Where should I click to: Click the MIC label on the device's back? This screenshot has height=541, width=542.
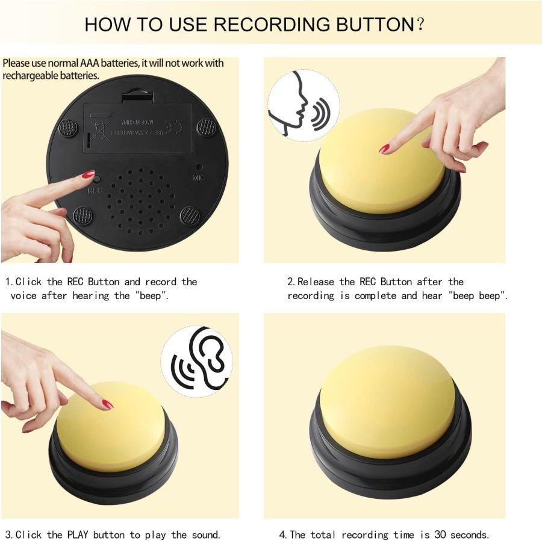(x=199, y=178)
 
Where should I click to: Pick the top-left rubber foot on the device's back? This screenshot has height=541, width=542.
(x=67, y=128)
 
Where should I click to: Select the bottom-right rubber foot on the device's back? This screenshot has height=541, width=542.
(x=190, y=215)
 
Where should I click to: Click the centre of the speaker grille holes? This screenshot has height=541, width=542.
(x=143, y=202)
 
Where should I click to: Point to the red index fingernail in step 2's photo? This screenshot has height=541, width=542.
(x=384, y=148)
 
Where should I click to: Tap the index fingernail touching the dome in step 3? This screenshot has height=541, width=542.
(x=107, y=404)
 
